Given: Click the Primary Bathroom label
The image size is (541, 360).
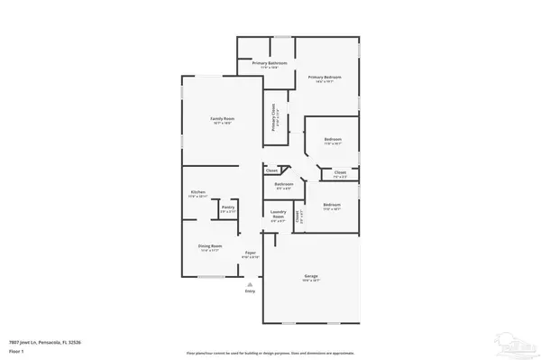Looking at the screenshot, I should tap(269, 63).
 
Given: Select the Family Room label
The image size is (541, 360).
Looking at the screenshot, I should tap(222, 121).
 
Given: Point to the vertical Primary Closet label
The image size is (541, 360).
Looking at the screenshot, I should tap(274, 119).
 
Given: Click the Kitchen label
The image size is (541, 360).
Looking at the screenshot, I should tap(198, 193).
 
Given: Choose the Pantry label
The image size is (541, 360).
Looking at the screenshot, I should tap(227, 208).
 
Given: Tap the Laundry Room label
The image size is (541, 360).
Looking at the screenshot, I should tap(278, 216).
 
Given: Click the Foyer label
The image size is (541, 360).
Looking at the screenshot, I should tap(251, 254).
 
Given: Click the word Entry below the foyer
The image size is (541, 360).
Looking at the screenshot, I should tap(251, 291).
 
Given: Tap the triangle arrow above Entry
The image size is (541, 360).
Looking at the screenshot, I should tap(251, 283).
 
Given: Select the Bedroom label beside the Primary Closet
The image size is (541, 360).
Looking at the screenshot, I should tap(332, 140).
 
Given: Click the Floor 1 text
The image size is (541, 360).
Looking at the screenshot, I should tap(15, 348).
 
